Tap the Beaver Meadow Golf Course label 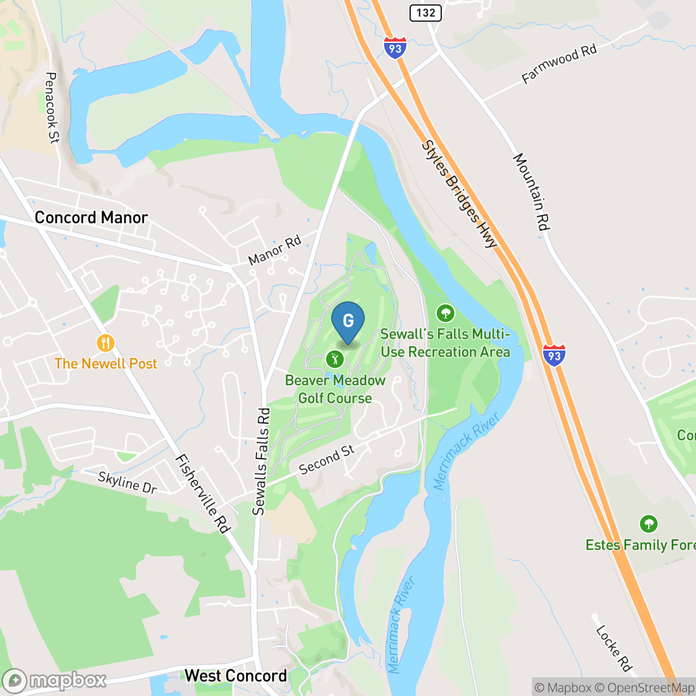coord(335,389)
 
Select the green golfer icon coord(335,359)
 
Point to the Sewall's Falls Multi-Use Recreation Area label coord(445,343)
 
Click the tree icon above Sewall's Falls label coord(445,313)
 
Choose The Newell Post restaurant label coord(106,364)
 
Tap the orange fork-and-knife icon coord(106,342)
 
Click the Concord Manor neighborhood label coord(91,217)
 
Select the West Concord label coord(236,675)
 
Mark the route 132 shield coord(426,12)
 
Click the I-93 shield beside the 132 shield coord(395,48)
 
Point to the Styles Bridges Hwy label coord(460,193)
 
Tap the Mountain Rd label coord(531,193)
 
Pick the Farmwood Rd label coord(559,64)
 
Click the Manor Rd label coord(274,250)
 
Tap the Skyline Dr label coord(127,483)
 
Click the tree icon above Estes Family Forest coord(649,524)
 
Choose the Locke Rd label coord(613,649)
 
